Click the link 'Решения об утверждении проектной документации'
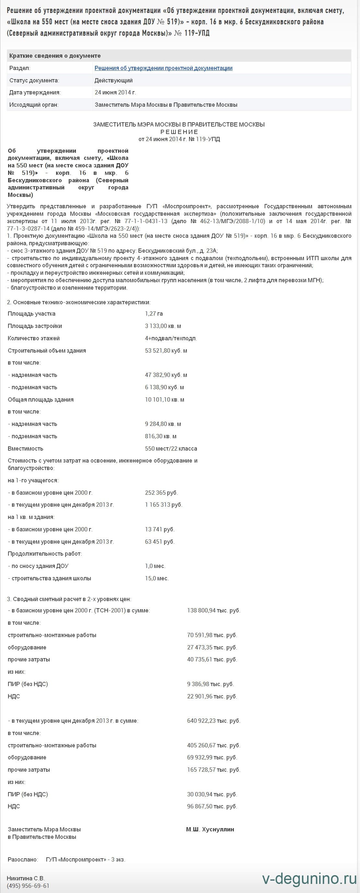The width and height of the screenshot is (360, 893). click(x=163, y=68)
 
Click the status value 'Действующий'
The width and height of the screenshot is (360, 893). click(x=113, y=80)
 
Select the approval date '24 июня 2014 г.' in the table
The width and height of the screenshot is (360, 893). click(x=115, y=92)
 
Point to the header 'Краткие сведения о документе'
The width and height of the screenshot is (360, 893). click(x=55, y=56)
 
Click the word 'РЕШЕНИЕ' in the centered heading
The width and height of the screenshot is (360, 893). click(x=179, y=132)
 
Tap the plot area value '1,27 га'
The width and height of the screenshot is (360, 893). click(x=153, y=314)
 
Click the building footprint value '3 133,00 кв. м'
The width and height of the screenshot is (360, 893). click(x=163, y=326)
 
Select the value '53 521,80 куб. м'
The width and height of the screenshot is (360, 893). click(x=166, y=350)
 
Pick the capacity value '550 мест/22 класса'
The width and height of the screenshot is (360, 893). click(x=171, y=449)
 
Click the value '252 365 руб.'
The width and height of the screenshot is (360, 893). click(x=161, y=493)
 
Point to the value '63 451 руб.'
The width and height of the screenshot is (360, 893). click(x=159, y=541)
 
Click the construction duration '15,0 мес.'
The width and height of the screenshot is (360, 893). click(x=157, y=578)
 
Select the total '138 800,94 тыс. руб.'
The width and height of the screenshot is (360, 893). click(x=213, y=610)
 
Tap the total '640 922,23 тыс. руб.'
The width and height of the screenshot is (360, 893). click(x=213, y=721)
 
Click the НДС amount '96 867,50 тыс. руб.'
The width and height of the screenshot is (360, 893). click(x=212, y=806)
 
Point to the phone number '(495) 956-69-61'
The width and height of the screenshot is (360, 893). click(x=28, y=886)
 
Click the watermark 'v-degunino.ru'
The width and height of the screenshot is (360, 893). click(x=309, y=879)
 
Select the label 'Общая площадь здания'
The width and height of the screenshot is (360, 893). click(x=41, y=400)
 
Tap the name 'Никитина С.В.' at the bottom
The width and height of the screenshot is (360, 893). click(x=26, y=878)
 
